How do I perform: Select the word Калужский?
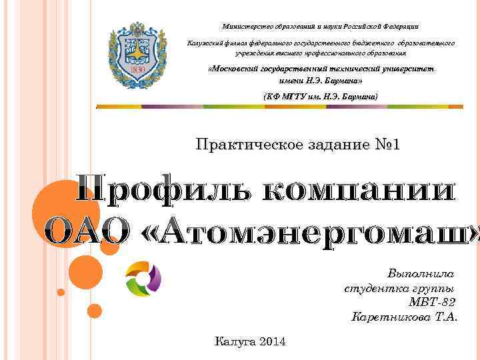tap(205, 43)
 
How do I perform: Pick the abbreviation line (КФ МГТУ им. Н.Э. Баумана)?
tap(321, 97)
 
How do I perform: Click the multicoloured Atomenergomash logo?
tap(143, 279)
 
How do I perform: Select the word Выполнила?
tap(421, 274)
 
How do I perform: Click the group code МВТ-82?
tap(432, 303)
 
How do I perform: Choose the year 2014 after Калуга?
tap(270, 342)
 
